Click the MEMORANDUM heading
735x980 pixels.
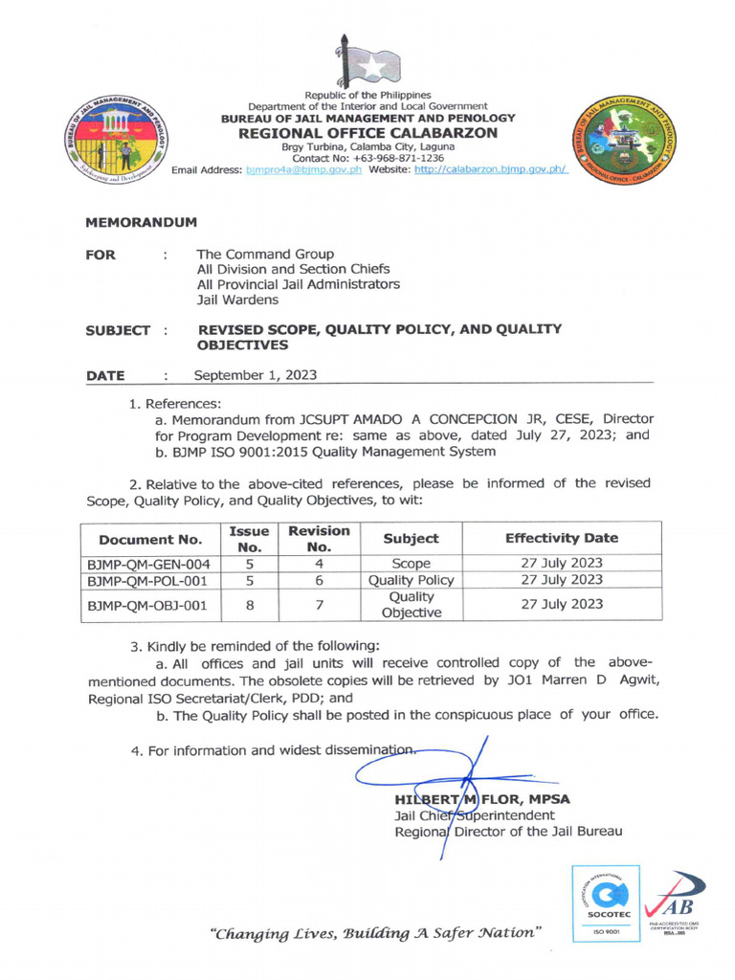141,222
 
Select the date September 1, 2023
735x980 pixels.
255,375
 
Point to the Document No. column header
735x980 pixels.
149,539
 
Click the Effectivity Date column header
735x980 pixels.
561,538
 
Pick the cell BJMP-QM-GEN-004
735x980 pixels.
149,564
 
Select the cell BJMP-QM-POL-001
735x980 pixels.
149,580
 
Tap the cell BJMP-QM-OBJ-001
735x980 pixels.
149,605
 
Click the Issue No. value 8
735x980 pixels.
249,605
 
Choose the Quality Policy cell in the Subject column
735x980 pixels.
411,580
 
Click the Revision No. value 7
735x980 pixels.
319,605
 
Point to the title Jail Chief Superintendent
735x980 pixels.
474,815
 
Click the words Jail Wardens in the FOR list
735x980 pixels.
237,301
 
